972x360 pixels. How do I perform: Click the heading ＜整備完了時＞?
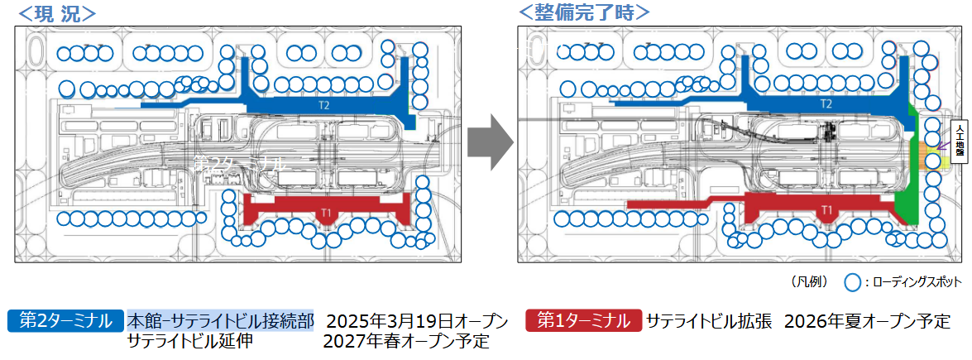click(583, 12)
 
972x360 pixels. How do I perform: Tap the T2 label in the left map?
click(323, 106)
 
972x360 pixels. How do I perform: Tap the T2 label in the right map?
click(826, 105)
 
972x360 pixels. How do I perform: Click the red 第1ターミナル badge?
click(582, 320)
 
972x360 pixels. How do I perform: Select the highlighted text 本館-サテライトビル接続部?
click(220, 320)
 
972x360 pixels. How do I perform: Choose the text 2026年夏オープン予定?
click(867, 320)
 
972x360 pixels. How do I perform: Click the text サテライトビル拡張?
click(709, 320)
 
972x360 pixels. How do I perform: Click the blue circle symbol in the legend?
click(854, 282)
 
